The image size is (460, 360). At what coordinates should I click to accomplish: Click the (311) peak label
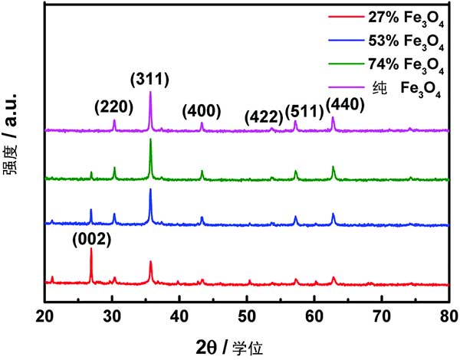[x=149, y=78]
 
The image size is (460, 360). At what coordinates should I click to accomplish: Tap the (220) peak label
[x=113, y=106]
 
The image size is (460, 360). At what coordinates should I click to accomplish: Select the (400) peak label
[x=202, y=110]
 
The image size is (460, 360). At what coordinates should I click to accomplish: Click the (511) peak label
[x=303, y=113]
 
